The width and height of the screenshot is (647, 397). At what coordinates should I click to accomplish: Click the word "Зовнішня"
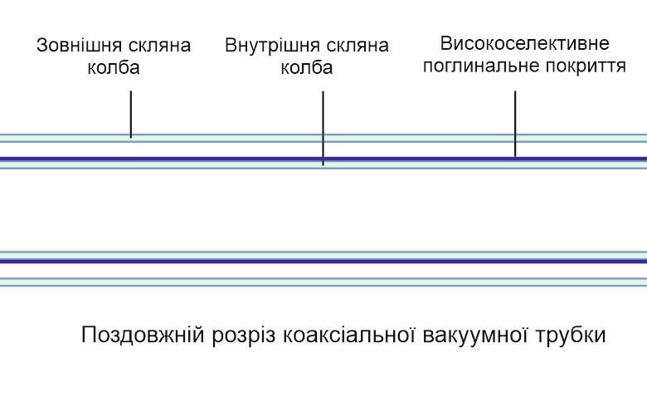click(x=75, y=46)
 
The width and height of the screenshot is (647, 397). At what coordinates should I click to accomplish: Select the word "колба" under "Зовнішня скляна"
click(x=114, y=68)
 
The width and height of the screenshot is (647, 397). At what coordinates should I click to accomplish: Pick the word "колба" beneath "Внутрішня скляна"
click(x=307, y=68)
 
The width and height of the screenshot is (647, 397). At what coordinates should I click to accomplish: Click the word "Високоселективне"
click(x=525, y=43)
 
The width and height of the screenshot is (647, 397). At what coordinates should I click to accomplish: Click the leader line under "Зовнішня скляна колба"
click(x=130, y=114)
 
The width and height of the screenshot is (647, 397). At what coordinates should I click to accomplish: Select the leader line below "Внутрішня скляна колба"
click(x=323, y=125)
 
